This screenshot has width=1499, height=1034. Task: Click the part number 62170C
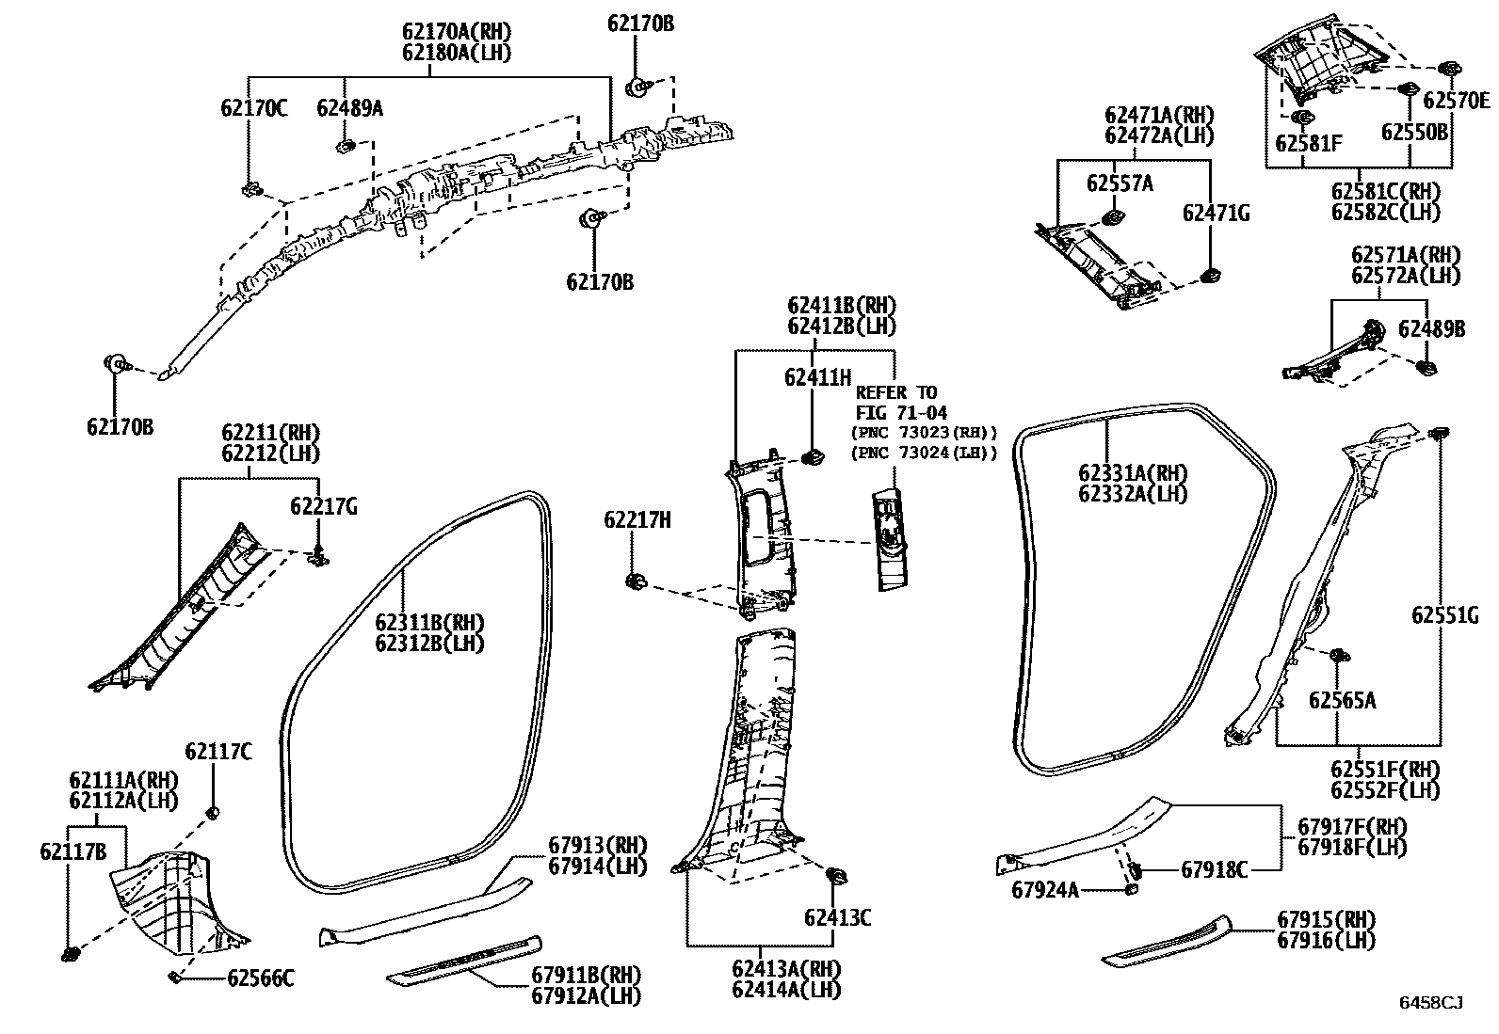pyautogui.click(x=254, y=107)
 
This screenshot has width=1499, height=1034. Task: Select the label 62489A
pyautogui.click(x=349, y=107)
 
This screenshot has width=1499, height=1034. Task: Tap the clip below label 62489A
pyautogui.click(x=345, y=146)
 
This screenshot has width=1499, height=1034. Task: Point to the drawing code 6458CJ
pyautogui.click(x=1430, y=1002)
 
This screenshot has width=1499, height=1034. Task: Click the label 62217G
pyautogui.click(x=323, y=507)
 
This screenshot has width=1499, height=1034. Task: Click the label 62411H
pyautogui.click(x=817, y=377)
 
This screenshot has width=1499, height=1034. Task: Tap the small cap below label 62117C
pyautogui.click(x=214, y=811)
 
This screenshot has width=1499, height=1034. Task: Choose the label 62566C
pyautogui.click(x=261, y=978)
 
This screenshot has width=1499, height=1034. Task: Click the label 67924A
pyautogui.click(x=1045, y=888)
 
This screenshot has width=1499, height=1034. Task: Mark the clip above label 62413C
pyautogui.click(x=834, y=877)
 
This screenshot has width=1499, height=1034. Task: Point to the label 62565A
pyautogui.click(x=1342, y=700)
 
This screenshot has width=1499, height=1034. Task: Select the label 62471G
pyautogui.click(x=1216, y=214)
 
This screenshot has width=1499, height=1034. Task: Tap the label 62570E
pyautogui.click(x=1456, y=101)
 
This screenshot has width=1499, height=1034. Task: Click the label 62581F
pyautogui.click(x=1308, y=143)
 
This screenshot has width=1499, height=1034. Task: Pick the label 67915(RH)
pyautogui.click(x=1326, y=919)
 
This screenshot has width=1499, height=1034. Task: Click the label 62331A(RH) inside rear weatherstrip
pyautogui.click(x=1133, y=473)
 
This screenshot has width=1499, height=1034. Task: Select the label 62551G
pyautogui.click(x=1444, y=615)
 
